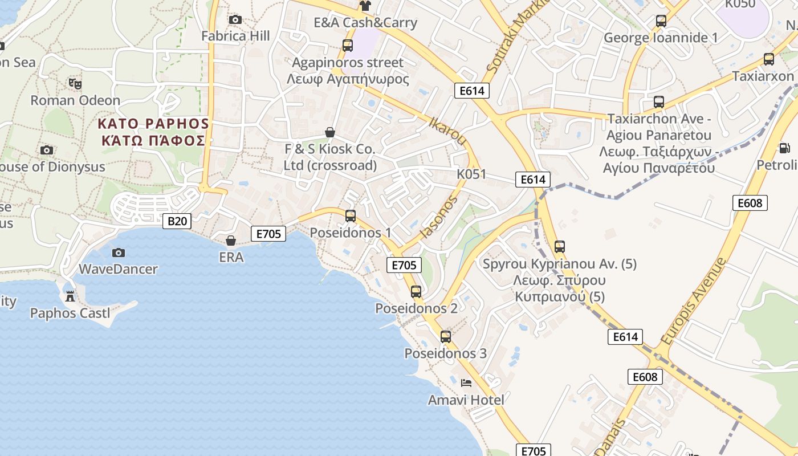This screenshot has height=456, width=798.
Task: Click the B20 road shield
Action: (x=177, y=221)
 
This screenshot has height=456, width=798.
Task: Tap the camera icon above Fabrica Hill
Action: (x=235, y=20)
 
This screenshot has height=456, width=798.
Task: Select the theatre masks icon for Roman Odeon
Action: (x=75, y=84)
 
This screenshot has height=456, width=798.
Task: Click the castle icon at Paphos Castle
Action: (x=70, y=296)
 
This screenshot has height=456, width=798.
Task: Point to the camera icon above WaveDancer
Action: (x=118, y=253)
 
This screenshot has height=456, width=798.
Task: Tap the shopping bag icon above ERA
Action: (x=231, y=241)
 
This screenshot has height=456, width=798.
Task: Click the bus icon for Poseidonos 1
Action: (x=351, y=216)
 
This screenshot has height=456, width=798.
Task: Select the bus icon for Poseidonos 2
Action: (x=416, y=292)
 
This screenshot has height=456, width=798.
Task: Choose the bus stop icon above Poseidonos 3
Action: (x=446, y=337)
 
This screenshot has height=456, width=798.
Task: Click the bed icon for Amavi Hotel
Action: (x=466, y=383)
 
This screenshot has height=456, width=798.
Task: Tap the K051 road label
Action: (x=471, y=174)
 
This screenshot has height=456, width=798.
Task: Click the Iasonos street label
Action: (x=438, y=217)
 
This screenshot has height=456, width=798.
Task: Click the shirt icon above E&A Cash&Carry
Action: (x=365, y=6)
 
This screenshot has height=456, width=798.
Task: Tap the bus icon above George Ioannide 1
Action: (x=661, y=21)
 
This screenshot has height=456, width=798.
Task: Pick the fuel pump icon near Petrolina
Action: (x=785, y=148)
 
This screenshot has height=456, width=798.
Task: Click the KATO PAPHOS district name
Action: (x=153, y=124)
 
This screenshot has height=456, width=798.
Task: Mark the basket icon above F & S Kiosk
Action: (x=330, y=132)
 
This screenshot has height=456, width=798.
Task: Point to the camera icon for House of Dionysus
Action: (x=47, y=150)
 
